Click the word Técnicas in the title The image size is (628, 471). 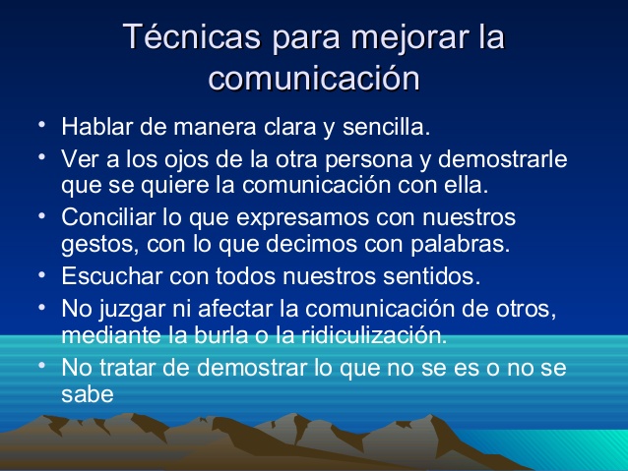[192, 36]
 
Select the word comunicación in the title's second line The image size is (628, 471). [314, 78]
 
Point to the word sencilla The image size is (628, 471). [386, 127]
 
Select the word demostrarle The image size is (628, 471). [503, 159]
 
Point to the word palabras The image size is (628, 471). [461, 244]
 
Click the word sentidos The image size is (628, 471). [431, 276]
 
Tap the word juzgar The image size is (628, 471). [132, 310]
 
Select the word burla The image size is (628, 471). [220, 335]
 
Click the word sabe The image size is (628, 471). [88, 394]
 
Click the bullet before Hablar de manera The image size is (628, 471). [42, 124]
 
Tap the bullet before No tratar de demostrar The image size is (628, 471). [42, 365]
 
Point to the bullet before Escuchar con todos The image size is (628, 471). [42, 275]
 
